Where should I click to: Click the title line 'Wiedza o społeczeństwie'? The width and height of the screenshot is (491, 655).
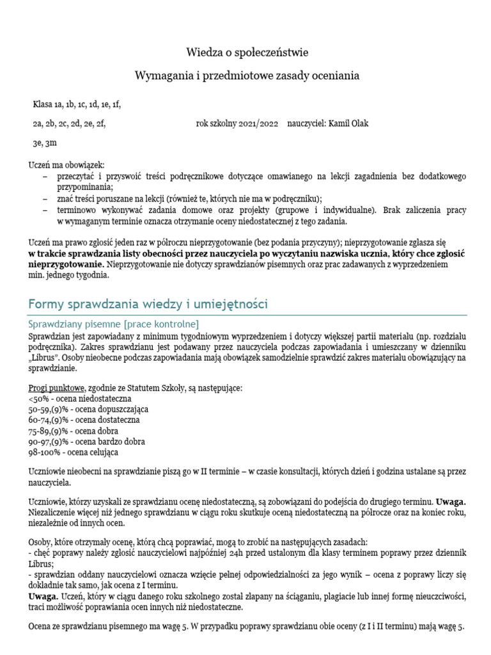click(x=246, y=52)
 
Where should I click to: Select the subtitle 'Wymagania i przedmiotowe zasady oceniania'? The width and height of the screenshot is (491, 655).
click(x=246, y=75)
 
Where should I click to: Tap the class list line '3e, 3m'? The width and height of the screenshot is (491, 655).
click(x=45, y=143)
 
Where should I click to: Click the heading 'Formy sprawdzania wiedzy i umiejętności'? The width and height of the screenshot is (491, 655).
click(x=148, y=304)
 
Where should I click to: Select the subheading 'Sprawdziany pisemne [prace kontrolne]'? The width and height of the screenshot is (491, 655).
click(x=114, y=322)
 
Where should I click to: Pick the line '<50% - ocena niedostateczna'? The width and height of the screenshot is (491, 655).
click(x=80, y=399)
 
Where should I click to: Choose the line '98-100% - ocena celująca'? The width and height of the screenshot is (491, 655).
click(x=74, y=452)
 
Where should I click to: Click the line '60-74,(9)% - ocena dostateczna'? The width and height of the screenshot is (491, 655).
click(x=84, y=420)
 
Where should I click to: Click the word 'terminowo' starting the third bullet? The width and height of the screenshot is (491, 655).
click(x=75, y=209)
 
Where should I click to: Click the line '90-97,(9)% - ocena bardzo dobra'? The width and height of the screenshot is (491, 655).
click(x=87, y=441)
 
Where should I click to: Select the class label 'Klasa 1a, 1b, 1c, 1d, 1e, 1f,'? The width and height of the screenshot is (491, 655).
click(x=77, y=105)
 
